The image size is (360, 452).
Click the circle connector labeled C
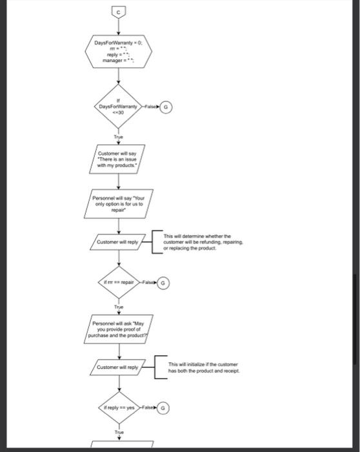tap(119, 11)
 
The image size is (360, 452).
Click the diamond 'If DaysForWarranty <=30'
tap(119, 107)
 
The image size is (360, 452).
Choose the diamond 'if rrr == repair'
tap(119, 283)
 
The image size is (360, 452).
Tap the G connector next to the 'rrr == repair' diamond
tap(163, 283)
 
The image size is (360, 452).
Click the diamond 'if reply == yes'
tap(119, 408)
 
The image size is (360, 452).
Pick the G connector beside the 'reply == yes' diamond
tap(163, 408)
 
